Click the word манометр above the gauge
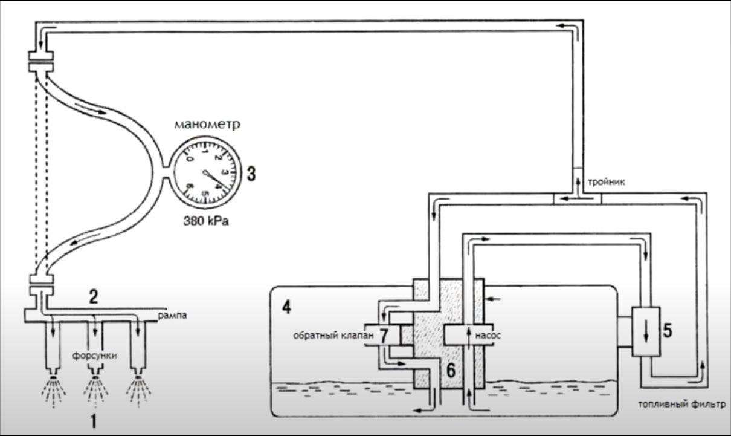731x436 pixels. [207, 125]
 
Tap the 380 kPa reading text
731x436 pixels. [206, 221]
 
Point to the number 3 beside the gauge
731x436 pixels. [251, 174]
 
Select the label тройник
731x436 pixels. [607, 182]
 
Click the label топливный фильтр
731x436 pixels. [682, 405]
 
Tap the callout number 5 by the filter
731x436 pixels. [668, 331]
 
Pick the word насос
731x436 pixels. [488, 336]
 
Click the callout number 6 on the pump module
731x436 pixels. [451, 371]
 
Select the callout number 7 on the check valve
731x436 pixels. [384, 336]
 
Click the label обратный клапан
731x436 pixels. [333, 336]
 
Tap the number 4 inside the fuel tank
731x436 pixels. [286, 307]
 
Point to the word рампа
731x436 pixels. [173, 316]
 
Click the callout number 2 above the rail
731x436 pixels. [94, 297]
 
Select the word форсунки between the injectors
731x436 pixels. [94, 356]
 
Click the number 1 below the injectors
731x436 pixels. [94, 421]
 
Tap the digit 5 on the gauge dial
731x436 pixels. [204, 194]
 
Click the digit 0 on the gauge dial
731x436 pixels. [190, 160]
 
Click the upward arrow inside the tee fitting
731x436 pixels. [578, 186]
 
